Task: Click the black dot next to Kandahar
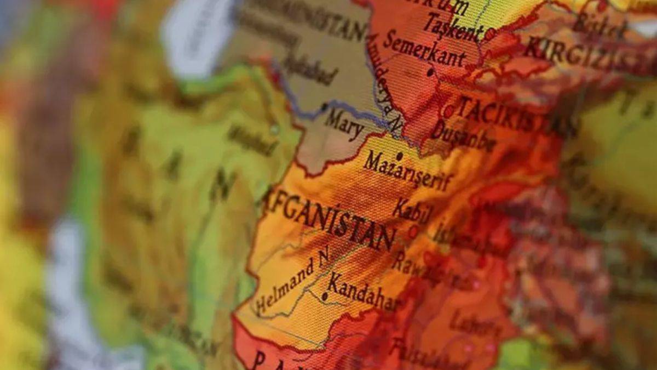pyautogui.click(x=325, y=297)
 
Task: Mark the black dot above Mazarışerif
pyautogui.click(x=400, y=156)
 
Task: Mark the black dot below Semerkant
pyautogui.click(x=430, y=72)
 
